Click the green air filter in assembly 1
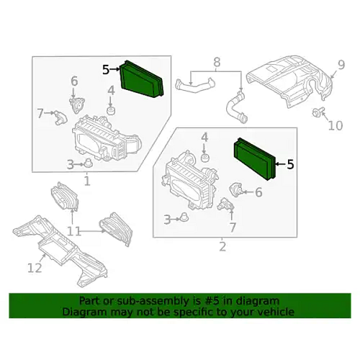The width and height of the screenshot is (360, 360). pyautogui.click(x=142, y=79)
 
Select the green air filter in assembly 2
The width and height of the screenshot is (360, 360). pyautogui.click(x=254, y=159)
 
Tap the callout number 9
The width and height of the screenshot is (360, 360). pyautogui.click(x=341, y=65)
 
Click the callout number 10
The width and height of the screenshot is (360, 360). pyautogui.click(x=335, y=125)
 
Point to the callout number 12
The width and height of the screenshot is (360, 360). pyautogui.click(x=35, y=268)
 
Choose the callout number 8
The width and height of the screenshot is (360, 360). pyautogui.click(x=217, y=62)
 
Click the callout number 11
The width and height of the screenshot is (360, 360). pyautogui.click(x=74, y=232)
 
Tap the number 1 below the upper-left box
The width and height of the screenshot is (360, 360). pyautogui.click(x=87, y=181)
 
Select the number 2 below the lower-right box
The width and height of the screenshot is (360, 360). pyautogui.click(x=223, y=247)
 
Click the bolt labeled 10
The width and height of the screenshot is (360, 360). pyautogui.click(x=316, y=112)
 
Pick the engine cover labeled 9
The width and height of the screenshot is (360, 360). pyautogui.click(x=290, y=82)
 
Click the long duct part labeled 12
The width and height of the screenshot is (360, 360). pyautogui.click(x=60, y=251)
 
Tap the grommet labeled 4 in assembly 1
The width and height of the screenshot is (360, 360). pyautogui.click(x=111, y=110)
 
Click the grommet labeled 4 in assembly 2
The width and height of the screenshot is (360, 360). pyautogui.click(x=205, y=158)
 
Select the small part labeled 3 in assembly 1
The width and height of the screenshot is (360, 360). pyautogui.click(x=88, y=163)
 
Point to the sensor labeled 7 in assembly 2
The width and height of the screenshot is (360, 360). pyautogui.click(x=225, y=204)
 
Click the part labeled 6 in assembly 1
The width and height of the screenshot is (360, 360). pyautogui.click(x=77, y=104)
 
